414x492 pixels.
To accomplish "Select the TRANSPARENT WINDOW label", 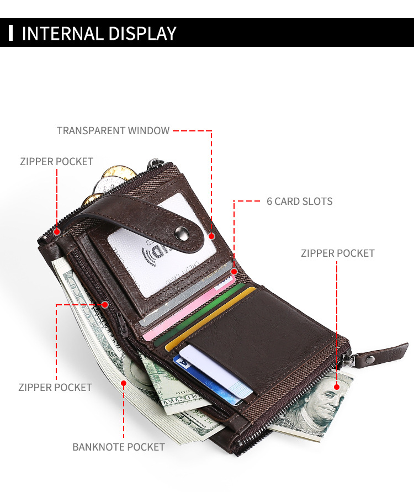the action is pos(113,131).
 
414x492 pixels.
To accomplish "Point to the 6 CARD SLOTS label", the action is pos(300,201).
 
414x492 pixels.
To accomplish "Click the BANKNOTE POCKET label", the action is pos(119,447).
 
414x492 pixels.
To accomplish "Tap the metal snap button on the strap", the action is pos(194,232).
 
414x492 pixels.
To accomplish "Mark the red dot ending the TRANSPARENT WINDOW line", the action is pos(211,236).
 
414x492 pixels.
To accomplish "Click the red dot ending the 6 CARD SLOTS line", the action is pos(234,271).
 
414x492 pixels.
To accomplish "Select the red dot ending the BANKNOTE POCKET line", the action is pos(124,383).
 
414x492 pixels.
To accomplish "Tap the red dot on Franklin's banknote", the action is pos(337,387).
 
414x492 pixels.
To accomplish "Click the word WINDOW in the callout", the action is pos(148,131).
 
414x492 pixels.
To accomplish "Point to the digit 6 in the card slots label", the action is pos(269,201).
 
